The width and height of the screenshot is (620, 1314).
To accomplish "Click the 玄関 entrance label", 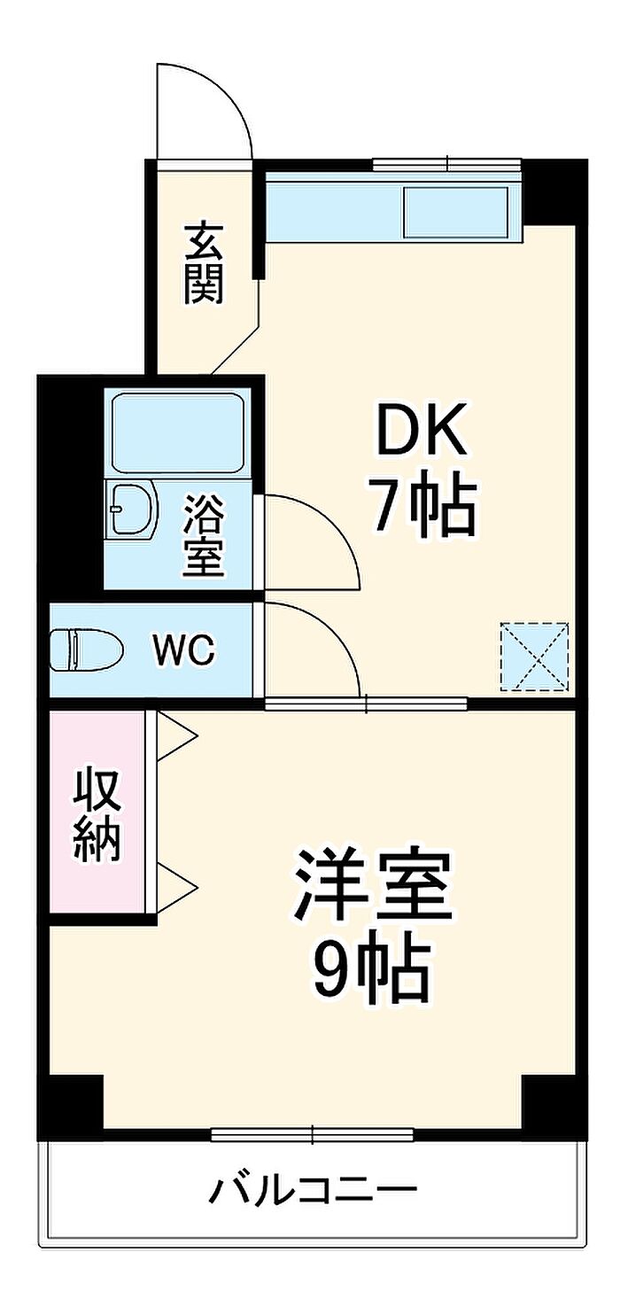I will point(204,264).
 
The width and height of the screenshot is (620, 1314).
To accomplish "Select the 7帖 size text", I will point(423,507).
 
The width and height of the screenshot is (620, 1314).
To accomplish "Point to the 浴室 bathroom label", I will point(204,535).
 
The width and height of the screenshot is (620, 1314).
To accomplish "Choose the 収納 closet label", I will point(96,816).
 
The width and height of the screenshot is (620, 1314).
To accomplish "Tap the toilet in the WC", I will point(84,650).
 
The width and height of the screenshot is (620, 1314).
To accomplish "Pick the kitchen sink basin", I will point(455,213).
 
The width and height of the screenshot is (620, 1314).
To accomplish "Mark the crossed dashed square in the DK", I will point(534,657).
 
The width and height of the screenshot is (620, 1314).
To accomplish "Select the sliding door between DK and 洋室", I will point(366,704).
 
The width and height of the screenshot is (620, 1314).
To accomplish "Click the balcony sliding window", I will point(313,1133).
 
